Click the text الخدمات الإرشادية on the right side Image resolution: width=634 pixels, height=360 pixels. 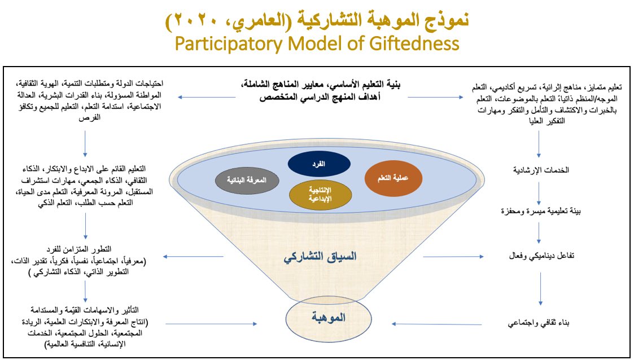tap(540, 170)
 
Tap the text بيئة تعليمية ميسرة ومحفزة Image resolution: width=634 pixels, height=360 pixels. tap(540, 211)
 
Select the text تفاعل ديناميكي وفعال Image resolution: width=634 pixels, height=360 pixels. tap(540, 256)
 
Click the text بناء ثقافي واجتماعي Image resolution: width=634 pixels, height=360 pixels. tap(540, 324)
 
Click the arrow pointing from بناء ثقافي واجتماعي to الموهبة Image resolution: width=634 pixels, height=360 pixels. tap(418, 324)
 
